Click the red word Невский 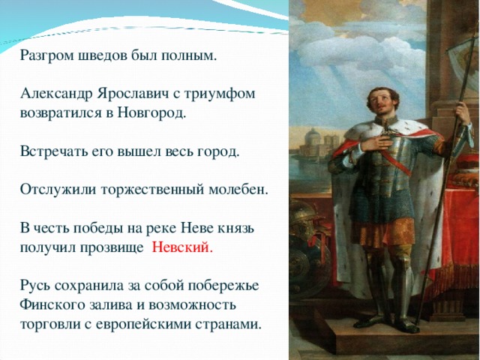click(182, 248)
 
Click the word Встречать click(51, 152)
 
